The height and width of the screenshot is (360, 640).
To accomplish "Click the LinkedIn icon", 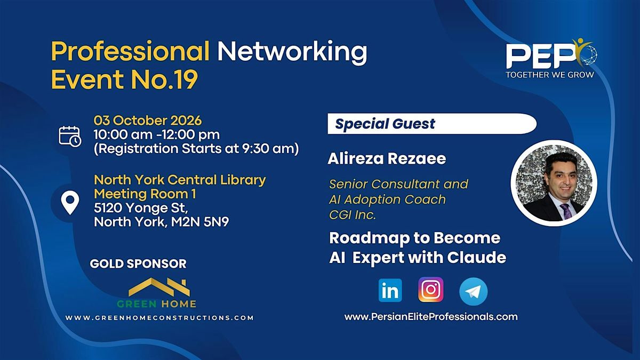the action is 390,290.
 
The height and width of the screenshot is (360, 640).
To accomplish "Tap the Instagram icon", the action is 431,290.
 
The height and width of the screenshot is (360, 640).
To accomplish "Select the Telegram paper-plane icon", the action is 474,291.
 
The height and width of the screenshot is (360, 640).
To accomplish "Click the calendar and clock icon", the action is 70,137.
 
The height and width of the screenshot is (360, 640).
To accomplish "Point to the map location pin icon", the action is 70,203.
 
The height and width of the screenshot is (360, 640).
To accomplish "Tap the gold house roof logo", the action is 159,287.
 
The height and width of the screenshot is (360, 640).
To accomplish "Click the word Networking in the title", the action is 292,51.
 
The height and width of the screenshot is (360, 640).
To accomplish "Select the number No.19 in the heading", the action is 165,79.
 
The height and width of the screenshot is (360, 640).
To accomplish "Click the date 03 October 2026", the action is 148,121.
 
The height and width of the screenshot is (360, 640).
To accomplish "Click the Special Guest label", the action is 385,124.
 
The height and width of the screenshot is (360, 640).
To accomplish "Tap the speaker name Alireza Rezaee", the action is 387,159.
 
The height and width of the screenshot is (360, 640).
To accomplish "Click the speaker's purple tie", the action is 565,212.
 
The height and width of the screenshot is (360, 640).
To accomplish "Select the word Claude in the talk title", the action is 477,257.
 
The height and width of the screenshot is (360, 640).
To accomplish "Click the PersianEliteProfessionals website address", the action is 431,317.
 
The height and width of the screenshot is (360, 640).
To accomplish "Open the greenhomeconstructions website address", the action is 159,318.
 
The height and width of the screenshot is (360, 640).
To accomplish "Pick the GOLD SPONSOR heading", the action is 138,263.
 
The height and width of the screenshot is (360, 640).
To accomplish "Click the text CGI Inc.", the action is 353,215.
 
